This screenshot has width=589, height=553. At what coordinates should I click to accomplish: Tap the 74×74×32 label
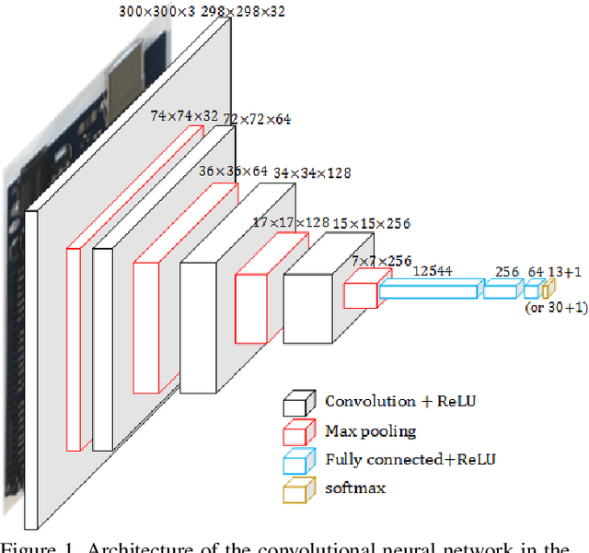pos(185,116)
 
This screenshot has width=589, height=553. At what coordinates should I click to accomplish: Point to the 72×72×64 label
pos(257,120)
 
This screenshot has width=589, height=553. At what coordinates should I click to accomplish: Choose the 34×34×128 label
pos(312,172)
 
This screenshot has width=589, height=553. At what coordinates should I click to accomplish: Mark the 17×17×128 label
pos(292,222)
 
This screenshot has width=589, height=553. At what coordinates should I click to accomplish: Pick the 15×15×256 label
pos(371,223)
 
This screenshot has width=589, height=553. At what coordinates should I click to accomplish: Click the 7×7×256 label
pos(381,262)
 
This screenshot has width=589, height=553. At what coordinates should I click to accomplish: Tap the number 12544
pos(432,270)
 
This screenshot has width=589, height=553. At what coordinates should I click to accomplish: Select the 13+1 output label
pos(564,271)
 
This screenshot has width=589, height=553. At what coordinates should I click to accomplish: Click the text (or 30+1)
pos(555,309)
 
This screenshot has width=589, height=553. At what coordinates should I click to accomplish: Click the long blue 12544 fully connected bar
pos(429,291)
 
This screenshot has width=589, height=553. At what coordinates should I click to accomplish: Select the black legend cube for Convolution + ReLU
pos(297,404)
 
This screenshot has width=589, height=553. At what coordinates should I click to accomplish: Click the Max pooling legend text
pos(370,430)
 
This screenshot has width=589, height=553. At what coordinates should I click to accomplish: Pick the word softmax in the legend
pos(355,488)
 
